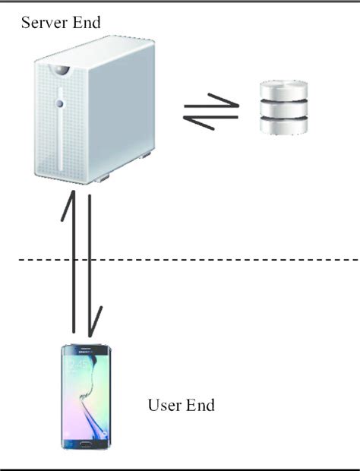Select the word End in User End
click(x=199, y=405)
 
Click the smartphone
click(x=86, y=397)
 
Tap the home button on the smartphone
click(x=86, y=444)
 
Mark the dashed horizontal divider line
click(x=228, y=260)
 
